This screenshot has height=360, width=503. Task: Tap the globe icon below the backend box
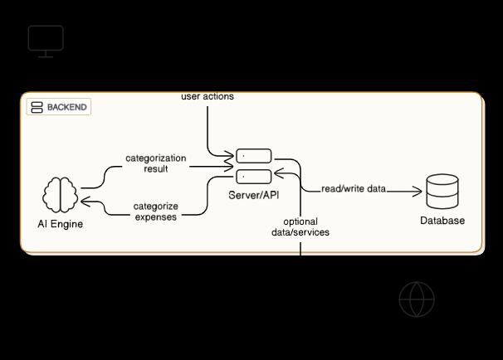pyautogui.click(x=417, y=299)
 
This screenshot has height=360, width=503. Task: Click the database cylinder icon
pyautogui.click(x=442, y=192)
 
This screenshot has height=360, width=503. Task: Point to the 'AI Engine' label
pyautogui.click(x=61, y=224)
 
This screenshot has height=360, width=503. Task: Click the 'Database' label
pyautogui.click(x=442, y=221)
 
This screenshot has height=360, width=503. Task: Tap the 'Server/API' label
pyautogui.click(x=254, y=193)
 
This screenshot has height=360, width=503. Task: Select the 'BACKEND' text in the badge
pyautogui.click(x=67, y=107)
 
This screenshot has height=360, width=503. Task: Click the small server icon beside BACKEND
pyautogui.click(x=37, y=107)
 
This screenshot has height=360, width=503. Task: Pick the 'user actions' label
pyautogui.click(x=208, y=96)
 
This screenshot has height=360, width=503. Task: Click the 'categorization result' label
pyautogui.click(x=156, y=163)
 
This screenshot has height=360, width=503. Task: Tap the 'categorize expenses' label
pyautogui.click(x=156, y=212)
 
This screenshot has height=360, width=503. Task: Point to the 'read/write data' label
pyautogui.click(x=354, y=189)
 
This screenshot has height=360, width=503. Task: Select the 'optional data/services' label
pyautogui.click(x=300, y=227)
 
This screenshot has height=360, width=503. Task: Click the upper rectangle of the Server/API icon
pyautogui.click(x=254, y=156)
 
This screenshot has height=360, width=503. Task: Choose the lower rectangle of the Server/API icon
pyautogui.click(x=254, y=176)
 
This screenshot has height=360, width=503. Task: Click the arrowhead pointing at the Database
pyautogui.click(x=418, y=192)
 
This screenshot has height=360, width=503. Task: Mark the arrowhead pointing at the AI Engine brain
pyautogui.click(x=85, y=202)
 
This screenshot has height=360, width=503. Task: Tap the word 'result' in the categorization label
pyautogui.click(x=156, y=169)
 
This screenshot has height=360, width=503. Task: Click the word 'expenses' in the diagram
pyautogui.click(x=156, y=217)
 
